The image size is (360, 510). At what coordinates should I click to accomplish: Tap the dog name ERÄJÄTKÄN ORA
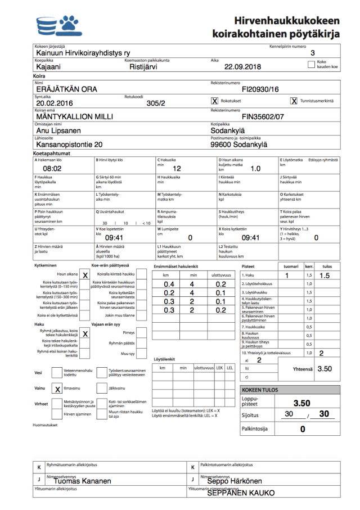coord(66,89)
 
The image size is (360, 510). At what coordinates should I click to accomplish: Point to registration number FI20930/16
coord(260,89)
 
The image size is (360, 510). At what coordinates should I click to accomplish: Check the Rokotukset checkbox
coord(214,101)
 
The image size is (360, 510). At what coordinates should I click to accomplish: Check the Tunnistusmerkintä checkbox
coord(294,101)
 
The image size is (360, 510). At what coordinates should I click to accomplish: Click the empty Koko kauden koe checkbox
coord(312,65)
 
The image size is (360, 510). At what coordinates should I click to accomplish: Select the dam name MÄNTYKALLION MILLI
coord(75,117)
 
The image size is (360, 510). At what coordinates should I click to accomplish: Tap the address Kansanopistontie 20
coord(69,145)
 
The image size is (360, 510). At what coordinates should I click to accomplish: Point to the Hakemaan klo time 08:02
coord(52,168)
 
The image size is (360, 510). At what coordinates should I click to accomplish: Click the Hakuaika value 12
coord(177,168)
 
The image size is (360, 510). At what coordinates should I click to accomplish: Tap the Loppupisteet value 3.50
coord(302,403)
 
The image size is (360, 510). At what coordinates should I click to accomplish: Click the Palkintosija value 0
coord(302,429)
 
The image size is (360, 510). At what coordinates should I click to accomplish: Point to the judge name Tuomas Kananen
coord(79,481)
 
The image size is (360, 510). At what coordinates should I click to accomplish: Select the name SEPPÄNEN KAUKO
coord(241,493)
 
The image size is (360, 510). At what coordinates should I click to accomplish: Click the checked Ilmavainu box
coord(57,389)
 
